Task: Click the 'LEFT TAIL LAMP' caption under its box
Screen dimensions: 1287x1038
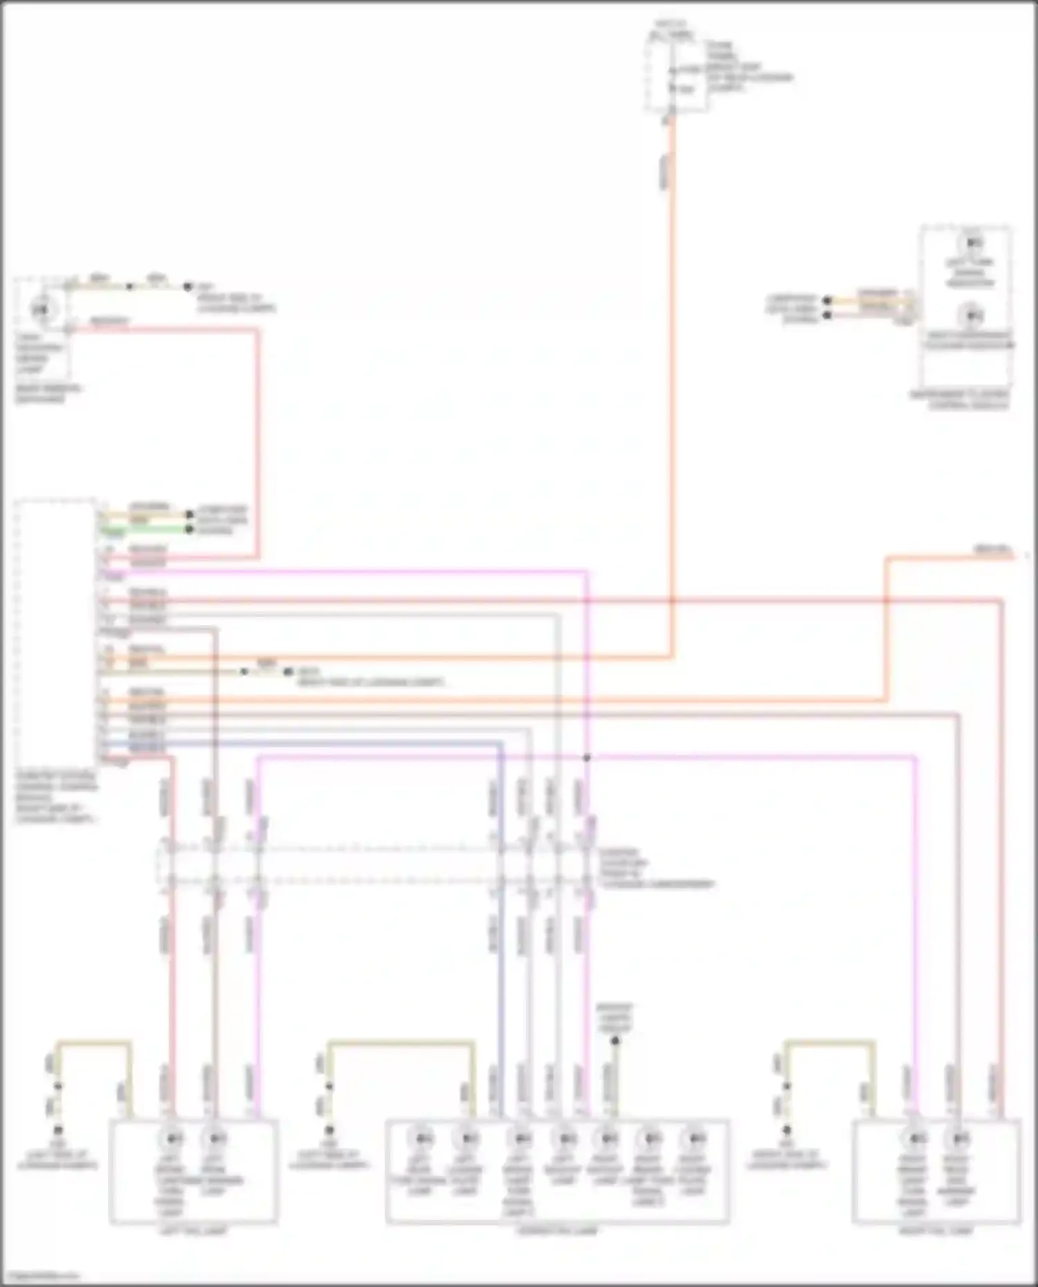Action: tap(193, 1231)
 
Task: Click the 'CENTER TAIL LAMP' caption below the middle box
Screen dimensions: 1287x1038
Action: tap(557, 1231)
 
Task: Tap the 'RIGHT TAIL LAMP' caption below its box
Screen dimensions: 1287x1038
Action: tap(936, 1231)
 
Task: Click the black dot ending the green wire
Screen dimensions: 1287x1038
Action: tap(188, 530)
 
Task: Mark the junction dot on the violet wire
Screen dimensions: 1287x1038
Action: tap(587, 758)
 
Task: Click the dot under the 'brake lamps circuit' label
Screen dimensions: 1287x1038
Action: tap(615, 1040)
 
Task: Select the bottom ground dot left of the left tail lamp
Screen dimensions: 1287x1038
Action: tap(58, 1130)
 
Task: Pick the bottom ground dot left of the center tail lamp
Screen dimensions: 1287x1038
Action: tap(329, 1130)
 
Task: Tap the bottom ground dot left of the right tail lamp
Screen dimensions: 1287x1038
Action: tap(787, 1130)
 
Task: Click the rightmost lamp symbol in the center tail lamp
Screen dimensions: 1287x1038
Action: tap(693, 1138)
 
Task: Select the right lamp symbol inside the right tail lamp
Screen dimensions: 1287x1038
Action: tap(958, 1138)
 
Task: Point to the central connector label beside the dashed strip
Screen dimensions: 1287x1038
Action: tap(654, 869)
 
